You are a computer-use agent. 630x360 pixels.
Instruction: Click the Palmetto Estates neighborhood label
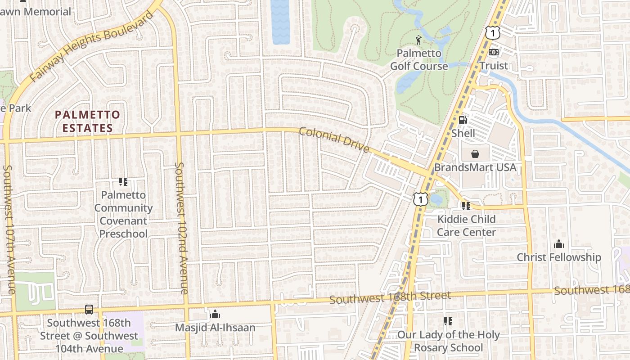click(x=87, y=121)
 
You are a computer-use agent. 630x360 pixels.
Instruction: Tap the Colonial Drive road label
click(x=334, y=140)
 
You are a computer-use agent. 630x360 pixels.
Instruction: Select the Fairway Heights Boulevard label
click(x=92, y=47)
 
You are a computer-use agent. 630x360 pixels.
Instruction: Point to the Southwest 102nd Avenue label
click(x=181, y=228)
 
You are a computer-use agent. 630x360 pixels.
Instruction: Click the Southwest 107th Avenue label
click(x=9, y=229)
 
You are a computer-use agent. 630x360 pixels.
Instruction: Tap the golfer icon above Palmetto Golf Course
click(x=419, y=40)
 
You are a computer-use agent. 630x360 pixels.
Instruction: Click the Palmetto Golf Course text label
click(x=419, y=60)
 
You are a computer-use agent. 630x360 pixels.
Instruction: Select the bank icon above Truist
click(x=494, y=52)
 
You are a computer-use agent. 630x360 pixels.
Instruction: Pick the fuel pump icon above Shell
click(x=463, y=120)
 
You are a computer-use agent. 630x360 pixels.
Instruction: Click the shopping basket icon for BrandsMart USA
click(x=475, y=154)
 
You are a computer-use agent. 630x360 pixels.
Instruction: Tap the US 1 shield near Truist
click(x=493, y=32)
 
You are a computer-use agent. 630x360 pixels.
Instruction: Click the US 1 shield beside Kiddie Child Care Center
click(x=420, y=198)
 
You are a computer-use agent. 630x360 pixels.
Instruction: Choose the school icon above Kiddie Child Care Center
click(x=466, y=206)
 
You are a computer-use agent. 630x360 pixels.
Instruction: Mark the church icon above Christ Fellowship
click(x=559, y=244)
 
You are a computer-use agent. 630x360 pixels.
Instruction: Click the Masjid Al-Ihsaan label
click(x=215, y=328)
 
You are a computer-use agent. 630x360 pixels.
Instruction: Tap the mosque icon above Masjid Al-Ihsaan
click(x=215, y=314)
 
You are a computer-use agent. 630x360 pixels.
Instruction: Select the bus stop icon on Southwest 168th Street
click(x=89, y=310)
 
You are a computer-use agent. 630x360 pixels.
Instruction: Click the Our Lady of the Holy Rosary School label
click(x=448, y=341)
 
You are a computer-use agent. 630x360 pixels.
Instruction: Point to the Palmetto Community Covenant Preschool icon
click(x=123, y=182)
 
